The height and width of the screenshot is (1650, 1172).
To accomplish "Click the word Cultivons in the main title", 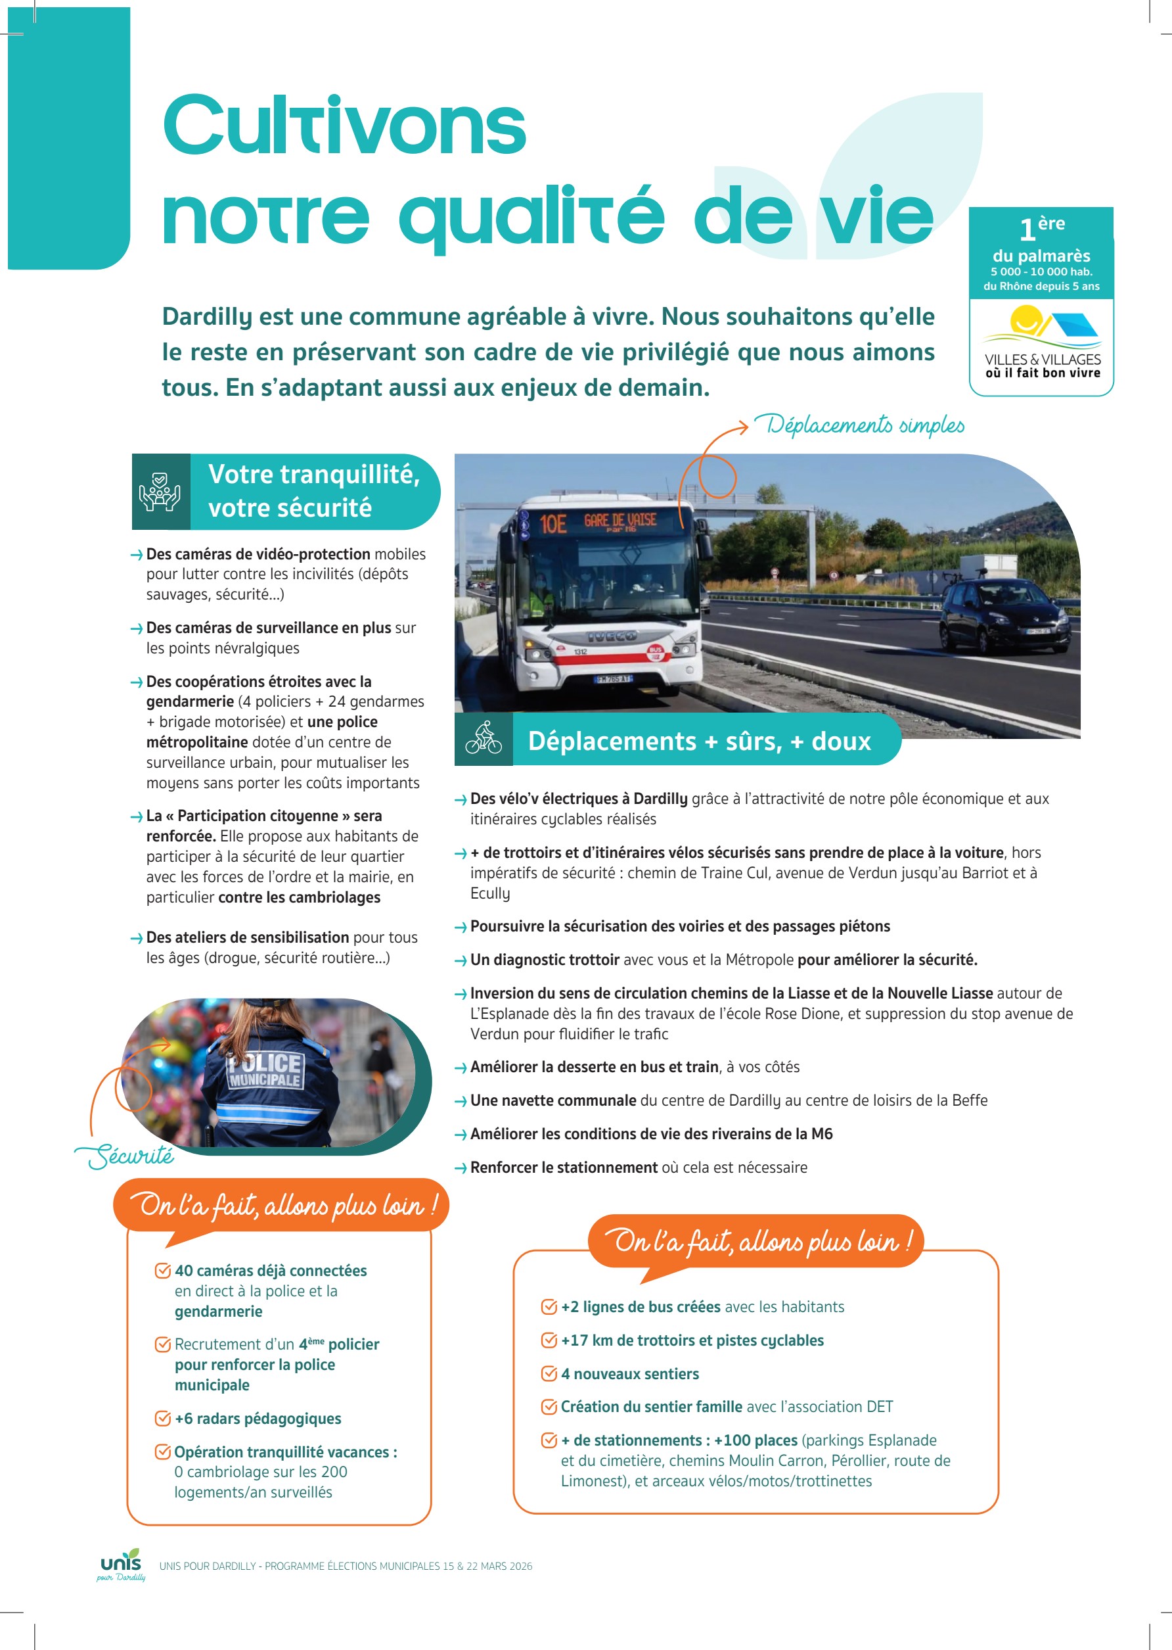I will point(344,126).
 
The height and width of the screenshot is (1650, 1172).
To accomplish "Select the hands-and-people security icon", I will point(160,492).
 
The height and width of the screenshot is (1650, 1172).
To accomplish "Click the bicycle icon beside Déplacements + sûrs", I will point(484,739).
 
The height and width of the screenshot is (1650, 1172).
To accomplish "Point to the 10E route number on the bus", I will point(554,523).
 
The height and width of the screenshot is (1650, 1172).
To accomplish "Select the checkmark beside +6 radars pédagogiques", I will point(163,1418).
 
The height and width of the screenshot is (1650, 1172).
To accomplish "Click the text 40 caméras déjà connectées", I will point(271,1270).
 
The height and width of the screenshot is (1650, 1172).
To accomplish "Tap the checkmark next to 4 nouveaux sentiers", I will point(549,1373).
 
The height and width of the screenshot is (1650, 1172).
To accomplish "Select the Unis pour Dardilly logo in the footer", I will point(122,1565).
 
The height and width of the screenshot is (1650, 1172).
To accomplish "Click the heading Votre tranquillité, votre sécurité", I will point(313,491).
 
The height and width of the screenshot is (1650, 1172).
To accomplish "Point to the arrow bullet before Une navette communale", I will point(461,1101).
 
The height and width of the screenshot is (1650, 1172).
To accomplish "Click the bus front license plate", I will point(612,680).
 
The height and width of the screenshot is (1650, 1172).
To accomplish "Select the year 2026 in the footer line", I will point(520,1567).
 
